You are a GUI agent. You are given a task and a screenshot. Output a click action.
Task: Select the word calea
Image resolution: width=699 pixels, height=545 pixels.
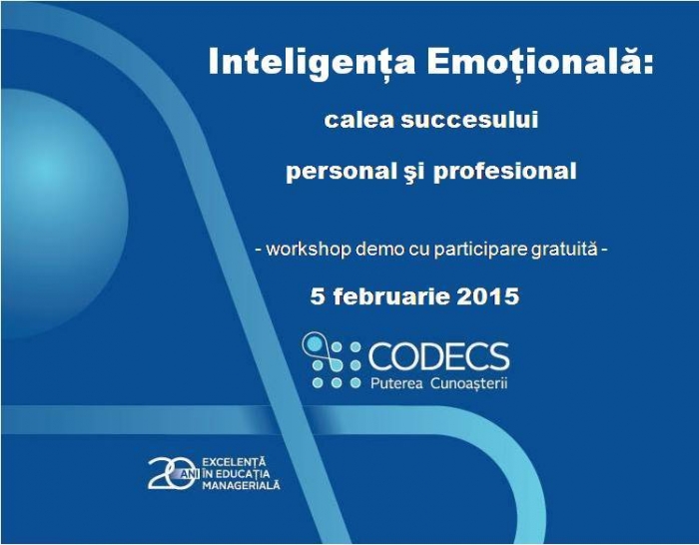pos(358,121)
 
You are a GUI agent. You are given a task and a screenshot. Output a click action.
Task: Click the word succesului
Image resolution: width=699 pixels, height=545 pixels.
pos(469,121)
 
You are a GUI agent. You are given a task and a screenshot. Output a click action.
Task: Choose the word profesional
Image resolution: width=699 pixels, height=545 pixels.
pos(504,173)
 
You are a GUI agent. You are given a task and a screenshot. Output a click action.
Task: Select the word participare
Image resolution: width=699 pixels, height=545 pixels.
pos(481,250)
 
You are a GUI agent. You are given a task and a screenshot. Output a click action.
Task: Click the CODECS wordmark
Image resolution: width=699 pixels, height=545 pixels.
pos(438,356)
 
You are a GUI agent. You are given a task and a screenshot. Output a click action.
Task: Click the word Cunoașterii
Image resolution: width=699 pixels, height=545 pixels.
pos(469,383)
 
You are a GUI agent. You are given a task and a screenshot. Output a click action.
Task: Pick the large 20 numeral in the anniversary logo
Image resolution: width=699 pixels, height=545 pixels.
pos(172,473)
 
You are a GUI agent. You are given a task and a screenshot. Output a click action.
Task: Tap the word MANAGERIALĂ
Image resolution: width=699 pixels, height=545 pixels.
pos(242,485)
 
